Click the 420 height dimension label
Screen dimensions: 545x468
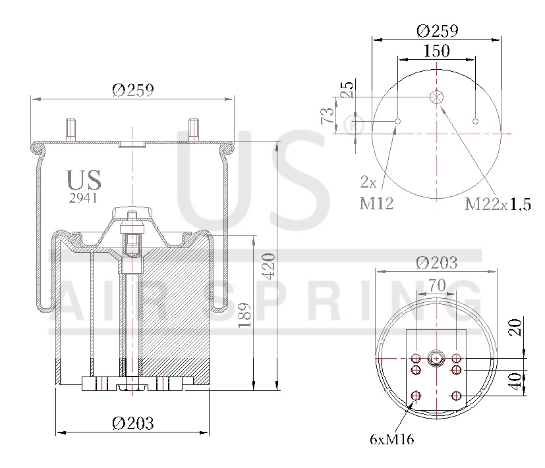tap(269, 266)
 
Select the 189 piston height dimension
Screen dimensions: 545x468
tap(244, 315)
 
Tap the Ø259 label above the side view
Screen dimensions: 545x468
tap(133, 90)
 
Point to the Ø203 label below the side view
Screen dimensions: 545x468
tap(132, 423)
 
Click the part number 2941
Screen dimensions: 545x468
tap(83, 198)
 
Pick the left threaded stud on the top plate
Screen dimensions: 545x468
tap(71, 130)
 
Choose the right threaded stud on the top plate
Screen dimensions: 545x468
tap(194, 130)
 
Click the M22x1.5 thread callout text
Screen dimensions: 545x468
tap(498, 204)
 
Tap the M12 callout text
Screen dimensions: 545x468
tap(376, 203)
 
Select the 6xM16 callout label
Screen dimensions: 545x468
tap(391, 440)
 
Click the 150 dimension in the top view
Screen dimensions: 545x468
tap(436, 51)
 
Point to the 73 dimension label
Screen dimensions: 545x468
tap(327, 115)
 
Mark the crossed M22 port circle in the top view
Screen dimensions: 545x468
tap(436, 97)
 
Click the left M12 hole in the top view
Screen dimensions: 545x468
tap(398, 121)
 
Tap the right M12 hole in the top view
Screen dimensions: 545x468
tap(476, 121)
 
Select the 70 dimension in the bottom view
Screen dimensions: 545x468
tap(437, 286)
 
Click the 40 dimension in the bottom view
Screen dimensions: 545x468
tap(515, 382)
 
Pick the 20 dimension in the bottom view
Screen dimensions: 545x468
tap(515, 327)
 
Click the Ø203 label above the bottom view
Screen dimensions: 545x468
tap(436, 263)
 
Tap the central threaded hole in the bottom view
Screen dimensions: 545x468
tap(436, 358)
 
